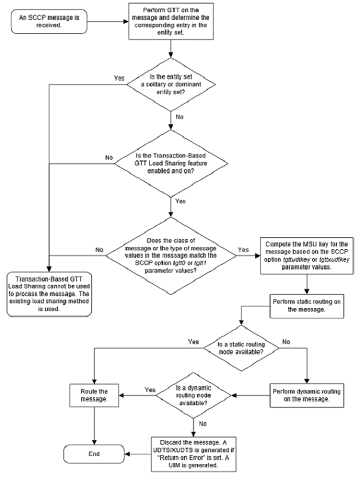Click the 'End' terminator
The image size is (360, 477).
click(92, 453)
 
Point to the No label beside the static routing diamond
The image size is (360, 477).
click(287, 343)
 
